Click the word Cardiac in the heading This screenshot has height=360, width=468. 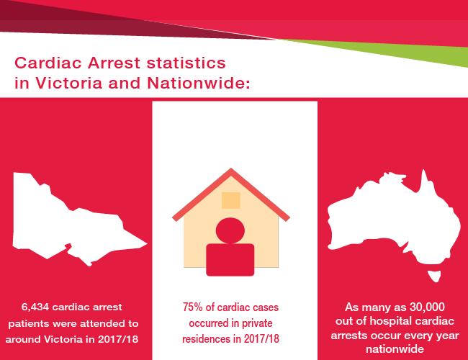pos(48,63)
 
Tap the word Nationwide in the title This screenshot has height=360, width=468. pos(199,83)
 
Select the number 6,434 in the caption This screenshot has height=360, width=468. pos(36,307)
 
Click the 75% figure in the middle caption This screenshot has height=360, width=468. pos(193,307)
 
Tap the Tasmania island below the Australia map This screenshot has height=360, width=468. pos(434,276)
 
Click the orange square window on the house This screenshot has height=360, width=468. pos(230,200)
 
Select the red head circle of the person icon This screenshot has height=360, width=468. pos(230,230)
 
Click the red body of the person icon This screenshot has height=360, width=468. pos(230,260)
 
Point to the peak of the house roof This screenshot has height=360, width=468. pos(230,169)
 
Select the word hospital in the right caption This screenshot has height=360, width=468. pos(391,321)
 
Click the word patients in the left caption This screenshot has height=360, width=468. pos(30,324)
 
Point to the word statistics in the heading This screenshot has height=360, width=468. pos(186,63)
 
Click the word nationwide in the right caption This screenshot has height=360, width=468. pos(395,349)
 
